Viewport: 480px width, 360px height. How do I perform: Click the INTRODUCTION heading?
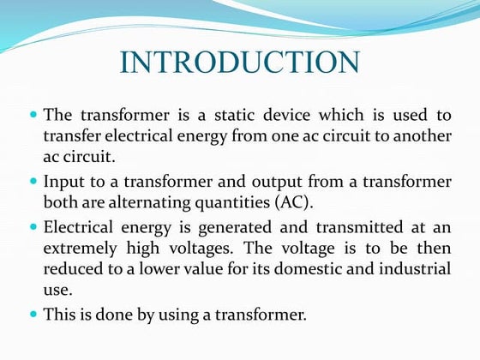(x=239, y=63)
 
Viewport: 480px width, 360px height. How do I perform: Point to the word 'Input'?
(x=63, y=182)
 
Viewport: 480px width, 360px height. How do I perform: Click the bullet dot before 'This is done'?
(x=33, y=315)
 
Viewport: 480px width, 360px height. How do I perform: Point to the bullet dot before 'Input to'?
(x=33, y=181)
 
